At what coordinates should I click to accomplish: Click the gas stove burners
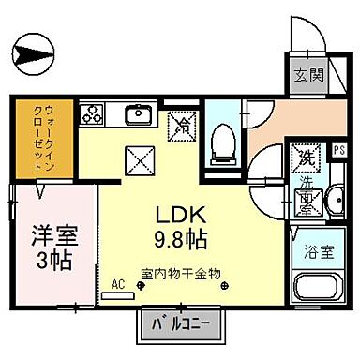(94, 116)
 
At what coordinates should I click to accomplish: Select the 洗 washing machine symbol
(304, 157)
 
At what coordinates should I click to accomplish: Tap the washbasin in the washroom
(336, 198)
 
